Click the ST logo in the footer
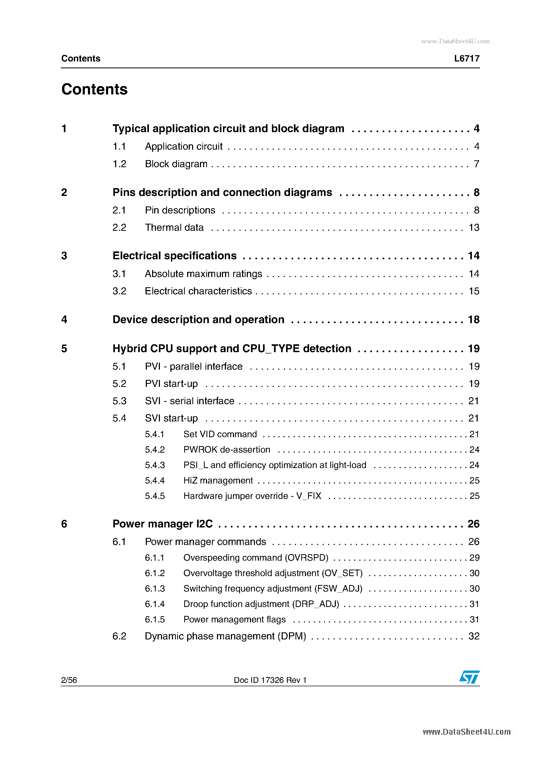[469, 677]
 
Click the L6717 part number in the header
[467, 59]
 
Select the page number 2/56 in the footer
[69, 680]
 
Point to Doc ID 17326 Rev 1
[270, 680]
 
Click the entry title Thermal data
[174, 228]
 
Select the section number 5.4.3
[155, 465]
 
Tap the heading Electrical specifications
[174, 256]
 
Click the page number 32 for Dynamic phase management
[474, 636]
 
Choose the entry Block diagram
[176, 164]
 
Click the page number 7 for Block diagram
[477, 164]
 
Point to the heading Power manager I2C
[163, 524]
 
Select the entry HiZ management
[218, 480]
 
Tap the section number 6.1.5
[155, 619]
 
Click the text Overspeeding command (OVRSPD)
[256, 558]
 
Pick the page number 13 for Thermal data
[474, 228]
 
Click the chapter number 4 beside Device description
[64, 319]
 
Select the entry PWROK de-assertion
[227, 450]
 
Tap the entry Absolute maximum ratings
[203, 274]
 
